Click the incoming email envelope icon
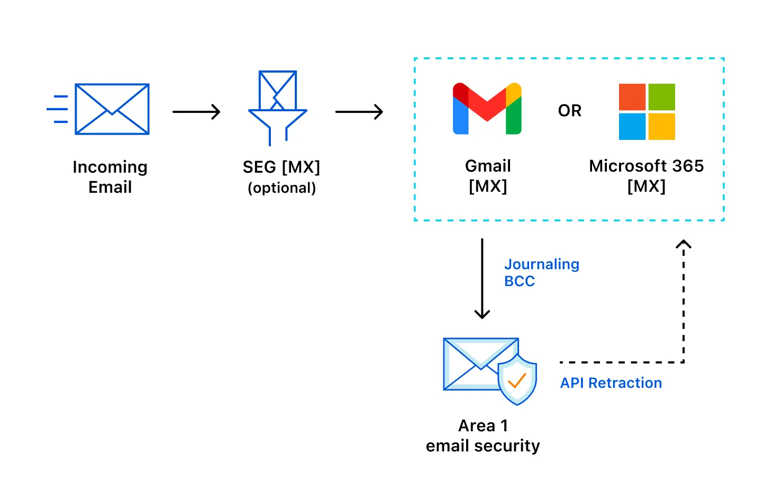[112, 109]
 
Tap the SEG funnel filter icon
[278, 109]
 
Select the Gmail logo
[487, 109]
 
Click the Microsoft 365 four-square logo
[647, 112]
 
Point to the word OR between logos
[569, 111]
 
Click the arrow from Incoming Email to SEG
[196, 112]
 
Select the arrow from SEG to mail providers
[359, 112]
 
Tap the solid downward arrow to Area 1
[481, 278]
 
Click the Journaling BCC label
[541, 272]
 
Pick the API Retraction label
[611, 383]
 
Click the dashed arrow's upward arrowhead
[684, 245]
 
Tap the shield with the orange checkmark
[517, 379]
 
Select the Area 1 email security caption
[483, 436]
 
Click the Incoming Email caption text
[110, 177]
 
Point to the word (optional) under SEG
[281, 188]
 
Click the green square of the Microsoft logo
[661, 97]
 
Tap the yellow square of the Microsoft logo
[661, 127]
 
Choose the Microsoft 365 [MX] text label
[646, 176]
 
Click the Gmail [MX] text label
[488, 176]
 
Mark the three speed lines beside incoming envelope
[58, 109]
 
